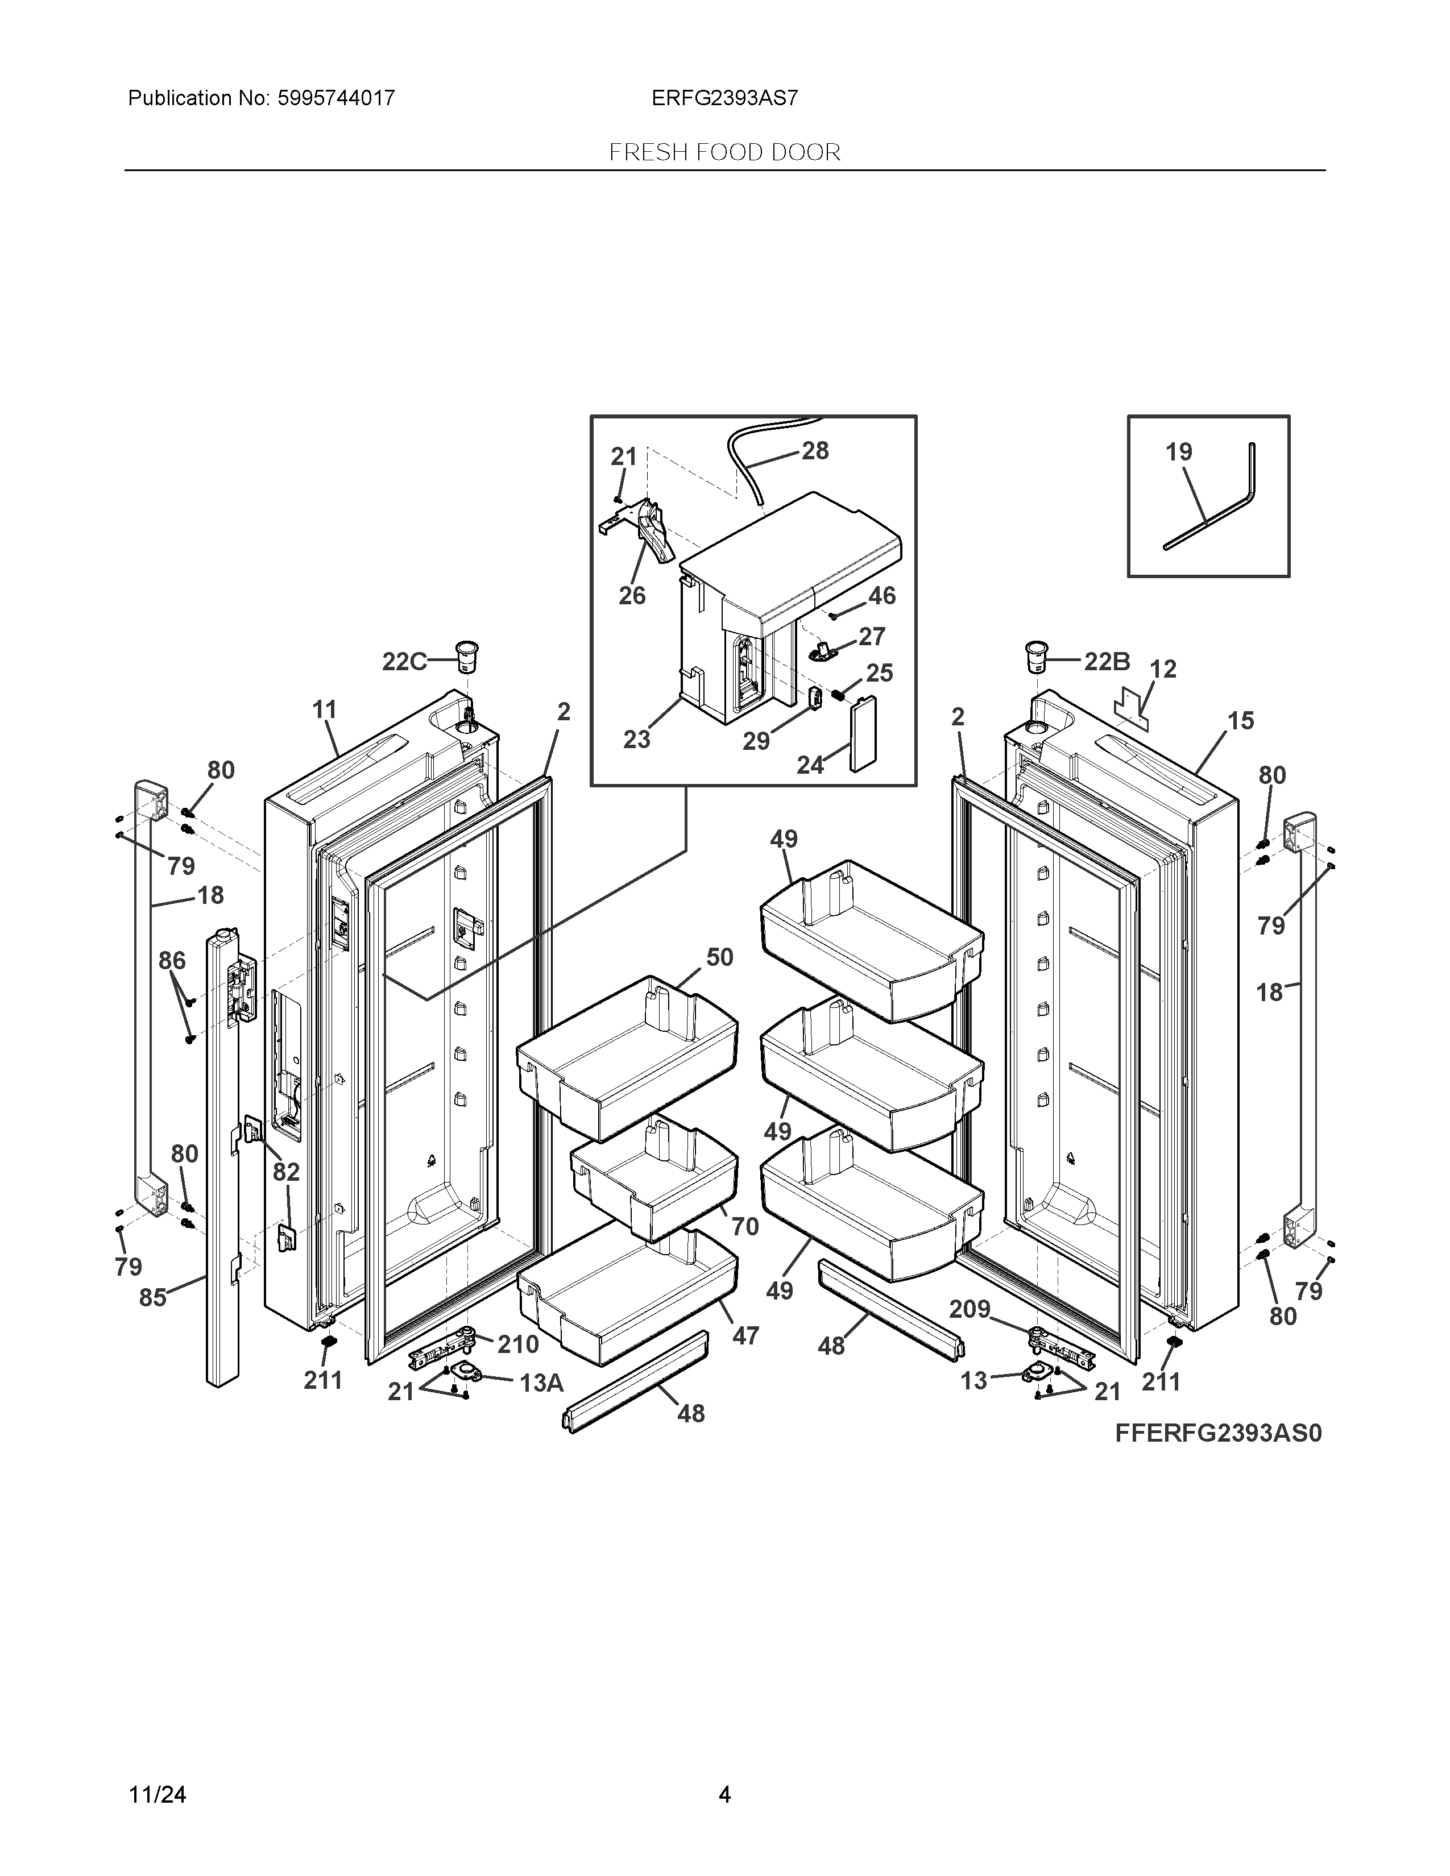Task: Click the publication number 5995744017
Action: click(335, 98)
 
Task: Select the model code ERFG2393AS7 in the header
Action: click(724, 98)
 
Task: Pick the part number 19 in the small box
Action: click(1179, 452)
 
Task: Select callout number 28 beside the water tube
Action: click(815, 450)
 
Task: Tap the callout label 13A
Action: click(541, 1383)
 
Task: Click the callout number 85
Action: click(153, 1297)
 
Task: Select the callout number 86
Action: click(172, 960)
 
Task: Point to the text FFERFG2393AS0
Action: click(1218, 1433)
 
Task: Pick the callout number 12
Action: click(1163, 669)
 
